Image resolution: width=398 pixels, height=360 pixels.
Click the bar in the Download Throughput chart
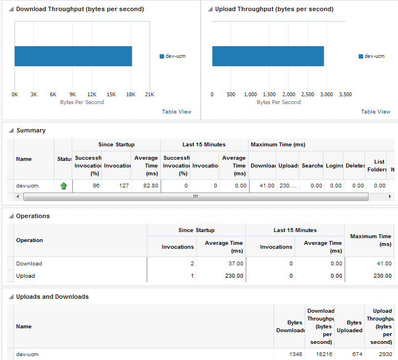73,56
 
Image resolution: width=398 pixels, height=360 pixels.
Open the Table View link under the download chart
177,112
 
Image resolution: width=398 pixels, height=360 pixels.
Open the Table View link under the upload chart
376,112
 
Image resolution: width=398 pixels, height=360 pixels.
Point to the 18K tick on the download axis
130,95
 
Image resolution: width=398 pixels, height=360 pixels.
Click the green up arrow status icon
63,186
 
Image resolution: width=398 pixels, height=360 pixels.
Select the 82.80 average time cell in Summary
147,186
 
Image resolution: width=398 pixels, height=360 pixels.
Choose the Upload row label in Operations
26,275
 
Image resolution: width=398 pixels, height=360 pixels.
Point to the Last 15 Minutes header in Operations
295,230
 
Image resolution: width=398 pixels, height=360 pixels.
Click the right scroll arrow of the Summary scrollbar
390,197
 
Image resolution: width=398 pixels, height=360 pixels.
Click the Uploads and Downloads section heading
52,297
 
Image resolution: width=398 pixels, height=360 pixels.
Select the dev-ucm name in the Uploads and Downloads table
27,354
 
